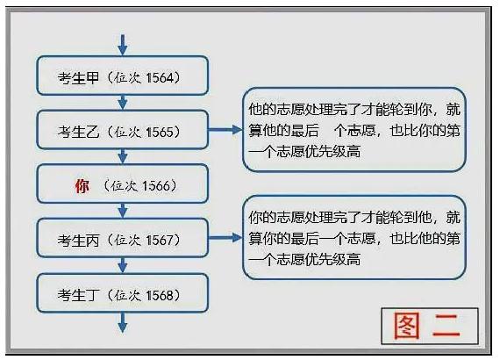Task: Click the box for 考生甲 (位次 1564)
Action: point(123,76)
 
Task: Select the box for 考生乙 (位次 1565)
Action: point(123,130)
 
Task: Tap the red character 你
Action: point(82,186)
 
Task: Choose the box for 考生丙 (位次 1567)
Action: point(123,238)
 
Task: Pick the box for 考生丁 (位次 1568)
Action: point(123,293)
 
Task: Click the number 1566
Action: point(156,186)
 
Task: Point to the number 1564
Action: point(160,77)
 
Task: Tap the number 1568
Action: point(160,295)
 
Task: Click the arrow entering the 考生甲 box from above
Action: point(123,45)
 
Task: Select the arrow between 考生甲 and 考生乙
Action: point(123,103)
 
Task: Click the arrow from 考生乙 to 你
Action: point(123,156)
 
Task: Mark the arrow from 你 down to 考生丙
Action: point(123,211)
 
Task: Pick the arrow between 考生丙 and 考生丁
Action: point(123,265)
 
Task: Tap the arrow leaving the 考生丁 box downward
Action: point(123,322)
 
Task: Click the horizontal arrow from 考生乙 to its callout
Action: point(225,130)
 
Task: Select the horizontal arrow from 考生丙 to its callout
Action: point(225,238)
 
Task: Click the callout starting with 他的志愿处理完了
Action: point(354,130)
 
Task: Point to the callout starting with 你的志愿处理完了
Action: point(354,238)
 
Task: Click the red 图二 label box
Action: point(430,326)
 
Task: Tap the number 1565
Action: point(160,132)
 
